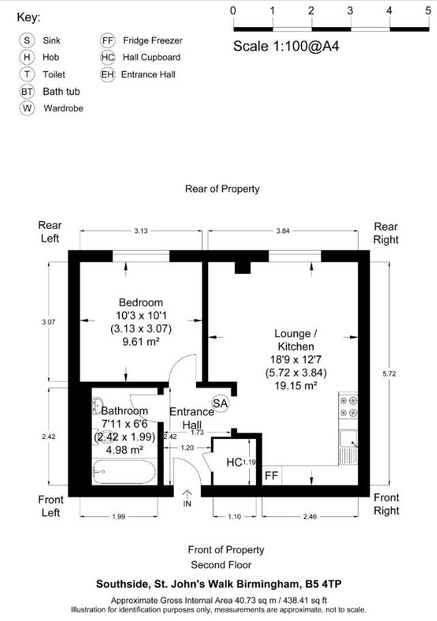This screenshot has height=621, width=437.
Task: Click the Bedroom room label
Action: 141,302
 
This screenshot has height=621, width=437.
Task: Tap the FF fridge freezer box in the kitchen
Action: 271,475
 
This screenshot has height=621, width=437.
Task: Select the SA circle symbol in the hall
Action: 221,403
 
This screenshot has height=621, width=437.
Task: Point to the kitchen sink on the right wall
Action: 349,446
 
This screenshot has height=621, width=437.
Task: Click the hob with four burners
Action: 349,406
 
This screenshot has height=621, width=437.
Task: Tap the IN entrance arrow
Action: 187,499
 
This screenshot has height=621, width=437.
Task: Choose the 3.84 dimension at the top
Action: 282,231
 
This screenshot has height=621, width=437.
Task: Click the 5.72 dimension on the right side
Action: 389,374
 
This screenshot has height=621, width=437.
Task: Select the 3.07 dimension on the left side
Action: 48,322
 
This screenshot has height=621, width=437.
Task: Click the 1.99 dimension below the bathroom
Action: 118,516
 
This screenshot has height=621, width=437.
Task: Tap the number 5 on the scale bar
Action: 427,10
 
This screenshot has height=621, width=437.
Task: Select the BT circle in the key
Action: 27,91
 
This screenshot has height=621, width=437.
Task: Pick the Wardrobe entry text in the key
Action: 63,108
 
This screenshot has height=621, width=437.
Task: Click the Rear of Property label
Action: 222,189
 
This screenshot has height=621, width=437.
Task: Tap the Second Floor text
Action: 221,565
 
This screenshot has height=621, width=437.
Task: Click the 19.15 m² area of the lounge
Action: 296,385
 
